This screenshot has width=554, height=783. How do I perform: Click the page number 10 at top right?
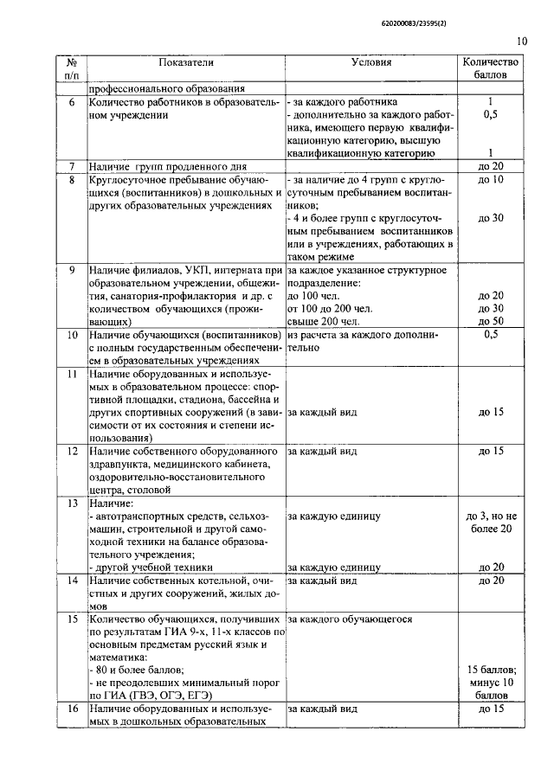point(522,39)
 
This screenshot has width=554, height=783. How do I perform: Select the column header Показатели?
point(185,62)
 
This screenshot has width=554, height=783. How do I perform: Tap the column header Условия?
point(372,62)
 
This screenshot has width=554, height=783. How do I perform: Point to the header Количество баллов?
point(491,68)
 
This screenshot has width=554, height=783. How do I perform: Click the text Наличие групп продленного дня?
point(169,165)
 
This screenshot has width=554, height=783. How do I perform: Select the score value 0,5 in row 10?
point(491,334)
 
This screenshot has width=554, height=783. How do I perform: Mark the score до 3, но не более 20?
point(491,523)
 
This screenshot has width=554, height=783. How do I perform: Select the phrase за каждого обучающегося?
point(350,619)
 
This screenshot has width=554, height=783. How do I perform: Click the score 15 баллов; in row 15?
point(491,670)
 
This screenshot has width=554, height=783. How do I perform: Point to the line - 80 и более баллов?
point(137,670)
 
